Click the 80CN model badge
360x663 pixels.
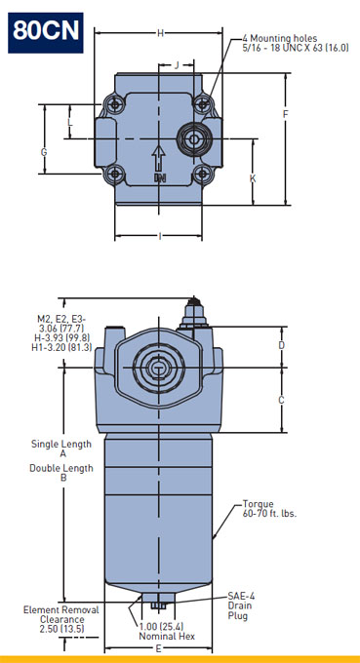tap(45, 32)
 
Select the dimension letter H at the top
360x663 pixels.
tap(160, 33)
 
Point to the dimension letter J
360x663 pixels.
tap(177, 64)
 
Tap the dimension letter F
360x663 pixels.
tap(286, 114)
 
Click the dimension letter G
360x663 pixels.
tap(44, 152)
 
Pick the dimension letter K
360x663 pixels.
tap(253, 178)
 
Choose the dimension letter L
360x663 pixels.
tap(70, 123)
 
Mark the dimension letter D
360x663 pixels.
tap(281, 345)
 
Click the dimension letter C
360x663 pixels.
tap(281, 400)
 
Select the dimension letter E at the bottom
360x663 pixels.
tap(159, 648)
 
